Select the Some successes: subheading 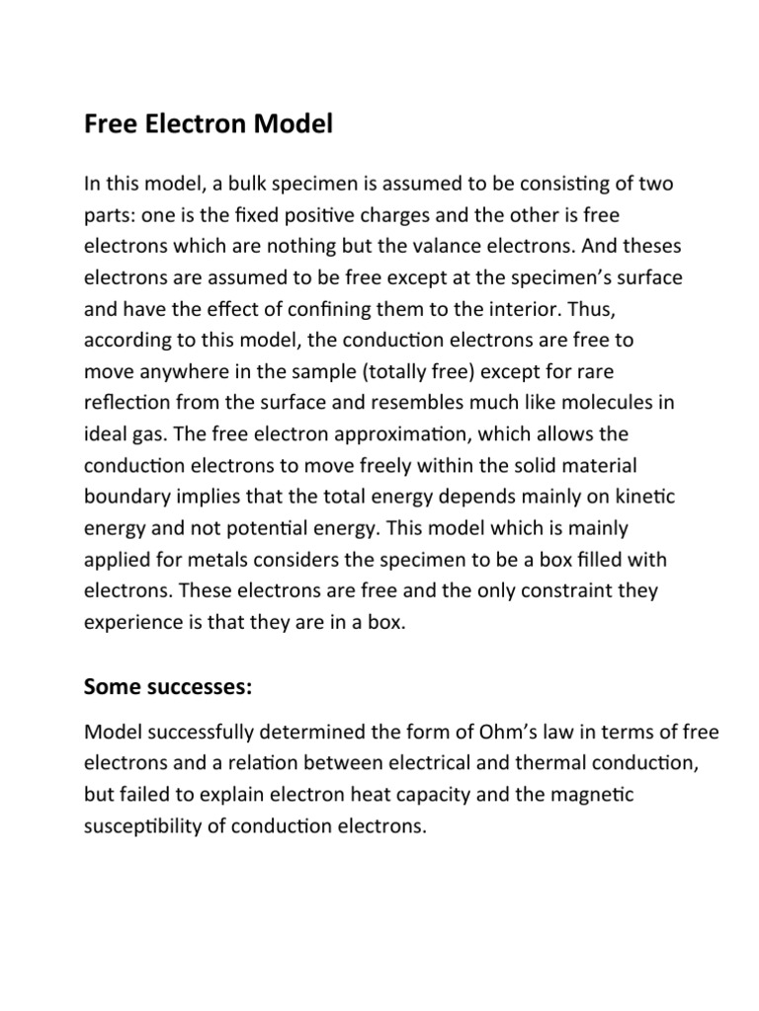coord(168,688)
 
